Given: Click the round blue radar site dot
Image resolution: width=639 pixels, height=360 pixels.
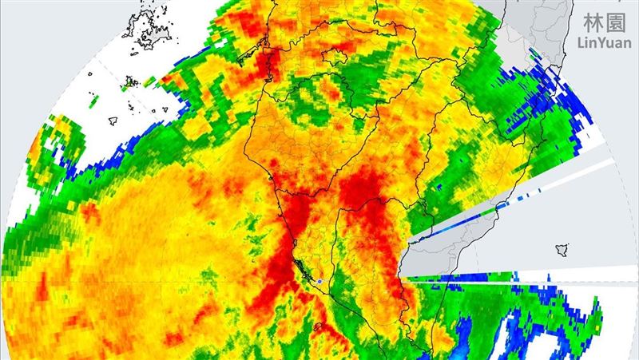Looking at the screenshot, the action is (x=319, y=281).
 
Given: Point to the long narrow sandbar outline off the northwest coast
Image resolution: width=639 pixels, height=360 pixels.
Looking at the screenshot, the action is (x=254, y=58).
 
